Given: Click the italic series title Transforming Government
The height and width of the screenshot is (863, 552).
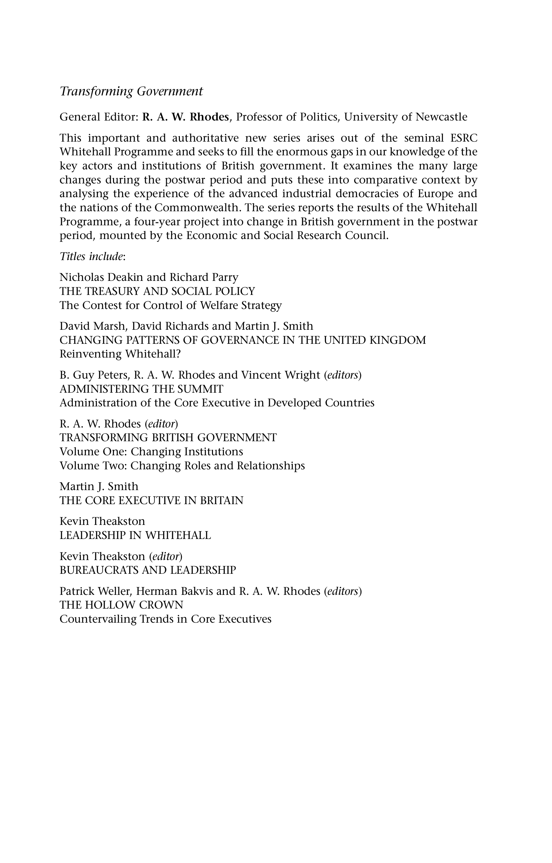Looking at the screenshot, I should [131, 91].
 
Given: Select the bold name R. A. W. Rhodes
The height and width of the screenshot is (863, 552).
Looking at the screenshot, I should [185, 117].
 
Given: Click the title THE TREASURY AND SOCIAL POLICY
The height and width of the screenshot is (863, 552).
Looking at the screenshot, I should [157, 291].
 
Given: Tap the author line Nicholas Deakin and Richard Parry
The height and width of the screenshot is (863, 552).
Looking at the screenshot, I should [149, 278].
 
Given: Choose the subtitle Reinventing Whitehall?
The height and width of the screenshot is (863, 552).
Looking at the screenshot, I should [120, 354].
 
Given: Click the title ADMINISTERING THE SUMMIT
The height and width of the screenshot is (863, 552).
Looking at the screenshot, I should [141, 389].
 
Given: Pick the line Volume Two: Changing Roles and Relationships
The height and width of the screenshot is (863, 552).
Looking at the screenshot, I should [182, 466].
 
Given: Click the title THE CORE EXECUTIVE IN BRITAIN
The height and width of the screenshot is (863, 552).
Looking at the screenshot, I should [151, 500].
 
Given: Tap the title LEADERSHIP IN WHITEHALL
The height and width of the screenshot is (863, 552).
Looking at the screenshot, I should [135, 535].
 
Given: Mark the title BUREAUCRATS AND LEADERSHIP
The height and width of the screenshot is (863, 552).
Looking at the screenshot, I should [148, 570].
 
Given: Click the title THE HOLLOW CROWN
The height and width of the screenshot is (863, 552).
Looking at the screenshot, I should [121, 605].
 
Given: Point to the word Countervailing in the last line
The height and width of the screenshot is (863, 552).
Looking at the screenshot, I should [98, 619].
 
